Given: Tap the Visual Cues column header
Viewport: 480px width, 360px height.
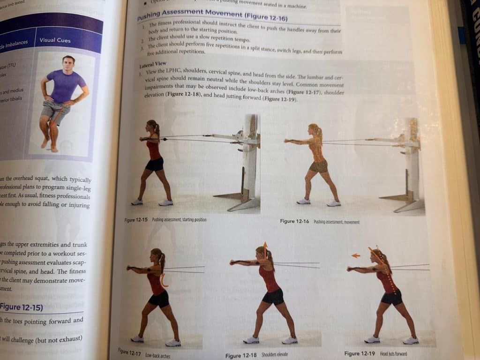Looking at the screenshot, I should coord(55,40).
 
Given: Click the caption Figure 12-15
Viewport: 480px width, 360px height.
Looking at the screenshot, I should coord(136,219).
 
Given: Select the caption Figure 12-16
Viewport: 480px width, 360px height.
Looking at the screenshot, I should coord(294,221).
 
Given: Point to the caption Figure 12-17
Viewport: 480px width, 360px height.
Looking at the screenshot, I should coord(129,351).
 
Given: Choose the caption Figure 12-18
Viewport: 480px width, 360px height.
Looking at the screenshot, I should coord(240,356).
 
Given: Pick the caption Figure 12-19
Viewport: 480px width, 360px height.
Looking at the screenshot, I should coord(360,353).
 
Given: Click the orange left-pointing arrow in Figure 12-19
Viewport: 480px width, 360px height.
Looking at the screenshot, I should coord(355,255).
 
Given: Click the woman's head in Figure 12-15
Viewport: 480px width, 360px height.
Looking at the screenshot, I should coord(153,126).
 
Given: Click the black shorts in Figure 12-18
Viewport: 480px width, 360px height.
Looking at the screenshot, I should coord(273,296).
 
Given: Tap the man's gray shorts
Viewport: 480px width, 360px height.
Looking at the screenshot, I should coord(53,110).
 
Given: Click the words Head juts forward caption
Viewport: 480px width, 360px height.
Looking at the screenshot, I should coord(394,354).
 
